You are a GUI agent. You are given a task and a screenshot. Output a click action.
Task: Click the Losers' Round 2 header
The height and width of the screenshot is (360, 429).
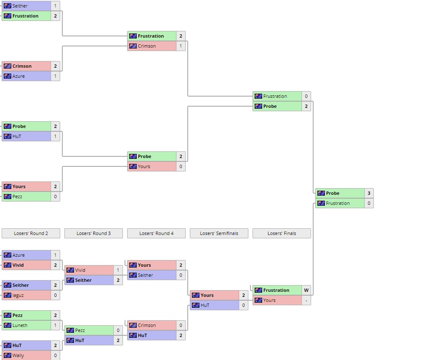pos(31,233)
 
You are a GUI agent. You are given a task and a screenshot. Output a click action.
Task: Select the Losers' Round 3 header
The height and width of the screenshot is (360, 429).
pos(93,233)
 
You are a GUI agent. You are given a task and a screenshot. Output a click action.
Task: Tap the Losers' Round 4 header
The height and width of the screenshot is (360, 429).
pos(156,233)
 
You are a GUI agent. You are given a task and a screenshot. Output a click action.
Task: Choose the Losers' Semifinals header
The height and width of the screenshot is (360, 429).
pos(219,233)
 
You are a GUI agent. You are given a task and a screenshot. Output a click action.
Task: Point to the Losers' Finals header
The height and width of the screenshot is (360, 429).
pos(281,233)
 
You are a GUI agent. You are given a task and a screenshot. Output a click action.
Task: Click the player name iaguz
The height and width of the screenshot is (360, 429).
pos(18,295)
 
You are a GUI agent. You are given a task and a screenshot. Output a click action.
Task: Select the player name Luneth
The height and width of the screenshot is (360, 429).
pos(20,325)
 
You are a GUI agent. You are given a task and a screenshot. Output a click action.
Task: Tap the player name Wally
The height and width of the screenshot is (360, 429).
pos(18,355)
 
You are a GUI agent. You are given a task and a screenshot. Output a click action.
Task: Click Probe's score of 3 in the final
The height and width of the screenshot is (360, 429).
pos(369,193)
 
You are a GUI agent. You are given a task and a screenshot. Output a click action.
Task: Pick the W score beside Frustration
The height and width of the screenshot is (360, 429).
pos(306,290)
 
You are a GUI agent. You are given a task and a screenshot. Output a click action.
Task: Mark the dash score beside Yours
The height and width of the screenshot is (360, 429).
pos(306,300)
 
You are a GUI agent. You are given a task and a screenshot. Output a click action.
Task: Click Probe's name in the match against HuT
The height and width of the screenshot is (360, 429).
pos(19,126)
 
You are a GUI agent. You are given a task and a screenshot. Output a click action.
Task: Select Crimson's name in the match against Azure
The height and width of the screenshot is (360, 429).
pos(22,66)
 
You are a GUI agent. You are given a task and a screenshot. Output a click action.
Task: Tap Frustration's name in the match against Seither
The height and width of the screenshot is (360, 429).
pos(25,16)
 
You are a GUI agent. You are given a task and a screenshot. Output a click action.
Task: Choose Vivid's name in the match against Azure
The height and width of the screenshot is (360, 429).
pos(18,265)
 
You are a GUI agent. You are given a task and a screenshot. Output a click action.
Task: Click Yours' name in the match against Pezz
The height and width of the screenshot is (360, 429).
pos(19,186)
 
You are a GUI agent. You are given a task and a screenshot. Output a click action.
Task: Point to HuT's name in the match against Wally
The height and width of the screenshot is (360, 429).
pos(17,345)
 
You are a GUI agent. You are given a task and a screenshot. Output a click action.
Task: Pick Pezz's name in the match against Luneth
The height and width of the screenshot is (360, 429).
pos(18,315)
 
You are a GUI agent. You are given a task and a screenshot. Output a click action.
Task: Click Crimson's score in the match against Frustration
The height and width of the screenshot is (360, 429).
pos(181,46)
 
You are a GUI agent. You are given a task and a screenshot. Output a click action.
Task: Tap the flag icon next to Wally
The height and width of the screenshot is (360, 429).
pos(7,355)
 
